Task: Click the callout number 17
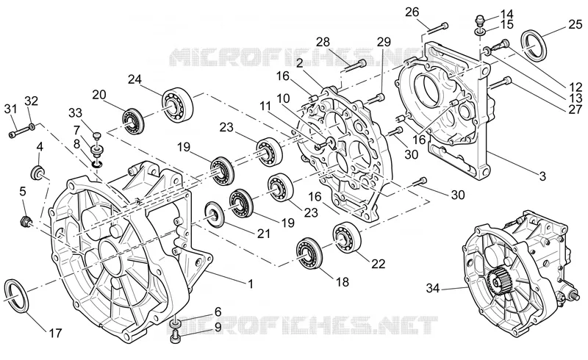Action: (55, 333)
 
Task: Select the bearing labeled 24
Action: (177, 102)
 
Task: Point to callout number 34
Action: (432, 288)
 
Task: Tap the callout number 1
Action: (250, 284)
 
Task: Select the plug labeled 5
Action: (26, 221)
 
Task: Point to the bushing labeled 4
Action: (37, 173)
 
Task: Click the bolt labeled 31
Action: (18, 132)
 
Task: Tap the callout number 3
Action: (542, 176)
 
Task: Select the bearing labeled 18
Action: (309, 253)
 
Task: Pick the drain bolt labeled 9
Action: (175, 338)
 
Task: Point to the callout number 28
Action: (323, 41)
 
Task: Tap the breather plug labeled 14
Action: (481, 18)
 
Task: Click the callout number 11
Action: (265, 106)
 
